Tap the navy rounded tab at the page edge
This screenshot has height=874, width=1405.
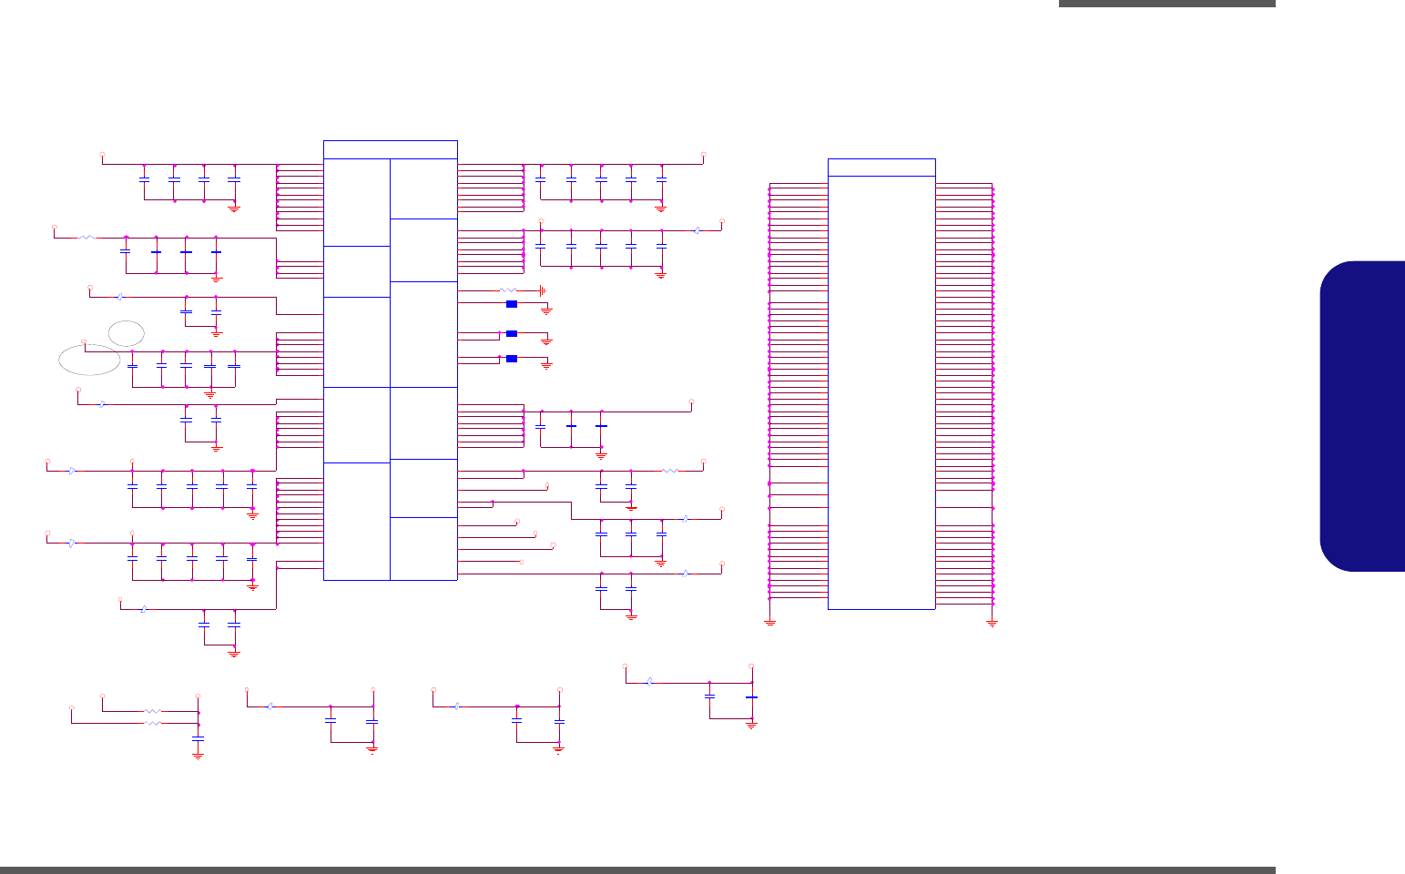pyautogui.click(x=1362, y=416)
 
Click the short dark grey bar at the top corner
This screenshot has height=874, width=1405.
pyautogui.click(x=1166, y=4)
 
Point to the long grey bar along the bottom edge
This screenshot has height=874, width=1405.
pyautogui.click(x=637, y=870)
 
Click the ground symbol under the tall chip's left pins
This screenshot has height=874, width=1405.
pyautogui.click(x=769, y=623)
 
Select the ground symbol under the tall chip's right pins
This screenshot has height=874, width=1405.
pyautogui.click(x=993, y=623)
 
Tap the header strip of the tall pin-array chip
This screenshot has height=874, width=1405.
pyautogui.click(x=881, y=168)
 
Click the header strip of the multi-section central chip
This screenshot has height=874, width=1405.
pyautogui.click(x=390, y=150)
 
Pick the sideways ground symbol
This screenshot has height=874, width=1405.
pyautogui.click(x=543, y=290)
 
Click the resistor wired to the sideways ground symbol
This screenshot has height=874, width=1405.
pyautogui.click(x=508, y=290)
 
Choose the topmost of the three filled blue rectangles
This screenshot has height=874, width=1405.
pyautogui.click(x=512, y=304)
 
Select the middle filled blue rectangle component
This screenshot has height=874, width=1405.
pyautogui.click(x=512, y=334)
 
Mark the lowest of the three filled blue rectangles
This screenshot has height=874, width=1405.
pyautogui.click(x=512, y=359)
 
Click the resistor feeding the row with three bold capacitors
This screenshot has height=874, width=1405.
pyautogui.click(x=87, y=238)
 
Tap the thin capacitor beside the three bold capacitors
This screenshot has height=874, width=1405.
pyautogui.click(x=126, y=250)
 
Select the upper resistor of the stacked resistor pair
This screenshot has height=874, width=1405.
pyautogui.click(x=152, y=710)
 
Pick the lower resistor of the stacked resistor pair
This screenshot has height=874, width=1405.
pyautogui.click(x=152, y=723)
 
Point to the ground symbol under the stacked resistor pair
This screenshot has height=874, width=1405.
pyautogui.click(x=199, y=755)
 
